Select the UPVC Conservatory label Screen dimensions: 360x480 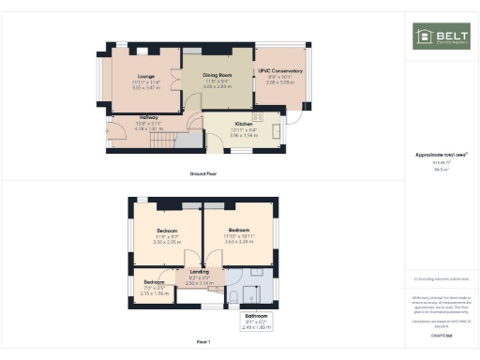(x=280, y=71)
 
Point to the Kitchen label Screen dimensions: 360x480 (x=244, y=124)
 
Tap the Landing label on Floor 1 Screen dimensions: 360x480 (x=200, y=272)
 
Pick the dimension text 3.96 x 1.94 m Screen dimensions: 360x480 (x=244, y=136)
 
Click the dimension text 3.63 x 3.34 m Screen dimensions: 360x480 (x=239, y=242)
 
